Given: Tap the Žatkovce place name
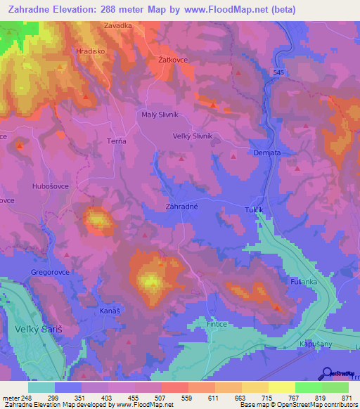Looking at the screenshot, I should coord(172,60).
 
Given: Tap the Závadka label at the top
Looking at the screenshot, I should coord(118,27).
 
